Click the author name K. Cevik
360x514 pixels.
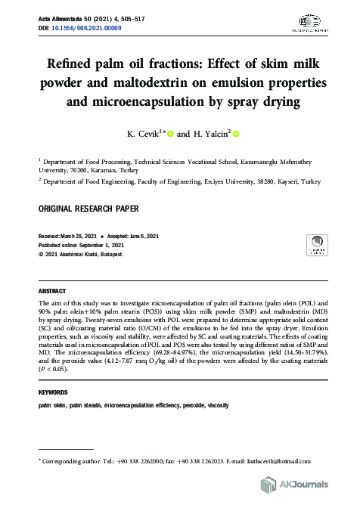[x=158, y=135]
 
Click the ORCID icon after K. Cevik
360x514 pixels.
[x=191, y=135]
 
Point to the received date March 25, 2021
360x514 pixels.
[x=85, y=237]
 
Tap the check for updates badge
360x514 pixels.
[x=315, y=246]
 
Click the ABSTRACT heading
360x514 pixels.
[x=52, y=290]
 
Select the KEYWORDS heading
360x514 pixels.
[x=53, y=393]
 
